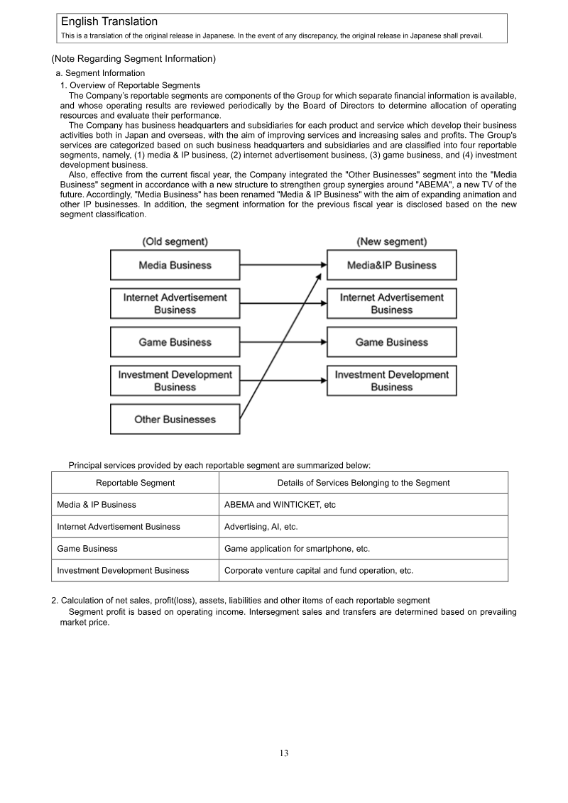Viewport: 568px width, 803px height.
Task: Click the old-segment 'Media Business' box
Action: [x=175, y=266]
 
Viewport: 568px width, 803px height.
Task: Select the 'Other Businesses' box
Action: [x=175, y=420]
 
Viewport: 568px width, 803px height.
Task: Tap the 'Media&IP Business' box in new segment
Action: [x=391, y=266]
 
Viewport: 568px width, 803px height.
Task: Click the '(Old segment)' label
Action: [x=175, y=242]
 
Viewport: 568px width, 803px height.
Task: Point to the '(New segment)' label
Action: [x=391, y=242]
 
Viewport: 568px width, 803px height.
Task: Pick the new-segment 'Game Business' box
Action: [x=391, y=342]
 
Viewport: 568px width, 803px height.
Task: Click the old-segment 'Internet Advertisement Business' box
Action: [x=175, y=304]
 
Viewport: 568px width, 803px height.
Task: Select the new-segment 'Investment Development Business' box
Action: [x=391, y=381]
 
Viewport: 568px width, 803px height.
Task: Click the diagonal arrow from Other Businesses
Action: [x=280, y=341]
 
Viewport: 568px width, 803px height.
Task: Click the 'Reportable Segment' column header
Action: [x=135, y=483]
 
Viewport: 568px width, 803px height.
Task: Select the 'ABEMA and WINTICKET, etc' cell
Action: [x=280, y=505]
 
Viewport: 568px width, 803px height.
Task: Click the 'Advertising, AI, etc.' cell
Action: [x=261, y=527]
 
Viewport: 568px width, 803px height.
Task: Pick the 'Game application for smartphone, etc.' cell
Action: [x=297, y=549]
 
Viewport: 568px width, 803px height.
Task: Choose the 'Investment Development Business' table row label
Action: [x=123, y=570]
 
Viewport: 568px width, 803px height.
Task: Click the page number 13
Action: [x=284, y=753]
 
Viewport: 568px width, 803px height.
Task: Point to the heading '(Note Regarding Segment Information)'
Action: [x=133, y=59]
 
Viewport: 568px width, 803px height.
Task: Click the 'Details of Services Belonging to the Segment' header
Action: [x=363, y=483]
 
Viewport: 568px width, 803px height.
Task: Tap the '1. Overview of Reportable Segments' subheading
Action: [x=130, y=85]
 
